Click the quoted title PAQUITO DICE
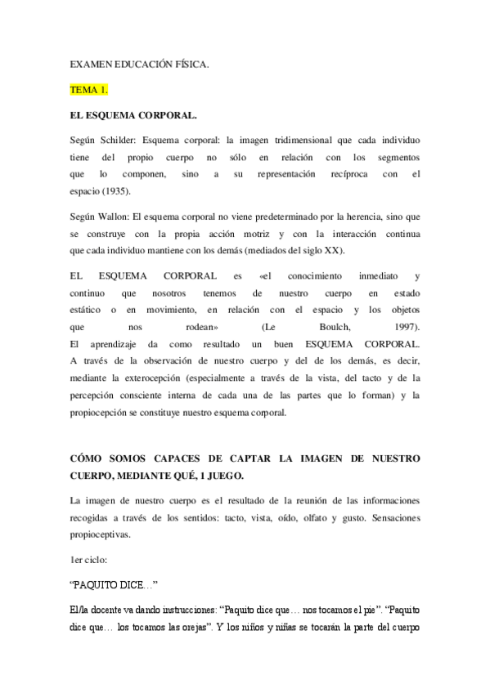[113, 585]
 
